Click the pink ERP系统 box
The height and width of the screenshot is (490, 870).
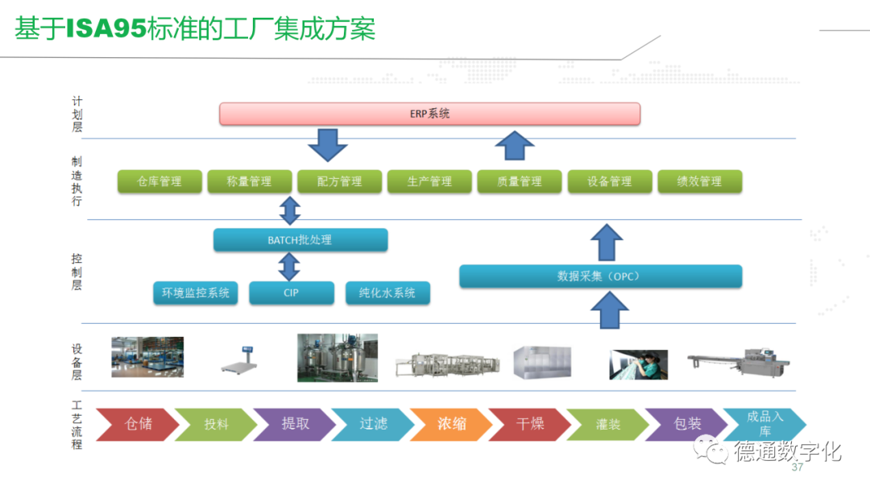(x=429, y=114)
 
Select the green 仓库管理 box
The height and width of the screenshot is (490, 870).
(x=159, y=181)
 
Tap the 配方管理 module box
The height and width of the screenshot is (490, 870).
(x=340, y=181)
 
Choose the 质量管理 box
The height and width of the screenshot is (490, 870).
(x=520, y=181)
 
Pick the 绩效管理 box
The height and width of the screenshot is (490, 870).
(x=699, y=181)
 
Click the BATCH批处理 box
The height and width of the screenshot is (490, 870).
(x=300, y=239)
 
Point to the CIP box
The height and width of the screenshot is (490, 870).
(x=291, y=293)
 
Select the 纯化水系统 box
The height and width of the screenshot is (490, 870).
(x=387, y=293)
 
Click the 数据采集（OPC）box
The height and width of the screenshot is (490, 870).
(x=599, y=276)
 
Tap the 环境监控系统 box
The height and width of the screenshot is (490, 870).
(x=195, y=293)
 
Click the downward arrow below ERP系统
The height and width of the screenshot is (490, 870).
(x=327, y=144)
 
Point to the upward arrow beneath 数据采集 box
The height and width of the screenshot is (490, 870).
(x=609, y=309)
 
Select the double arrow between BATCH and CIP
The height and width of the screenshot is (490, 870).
(x=289, y=266)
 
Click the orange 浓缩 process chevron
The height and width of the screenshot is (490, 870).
(x=451, y=423)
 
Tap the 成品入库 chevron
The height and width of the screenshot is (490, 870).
(x=764, y=423)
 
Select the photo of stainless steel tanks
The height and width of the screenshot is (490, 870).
(x=338, y=358)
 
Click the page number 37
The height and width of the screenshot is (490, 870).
(x=797, y=468)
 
